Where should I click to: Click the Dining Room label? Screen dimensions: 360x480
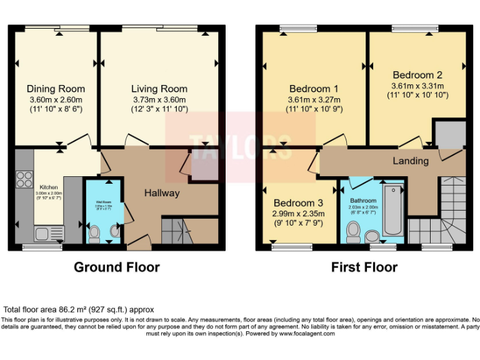[56, 89]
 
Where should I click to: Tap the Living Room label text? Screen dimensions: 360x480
[159, 89]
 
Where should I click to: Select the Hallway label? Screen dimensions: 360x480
[162, 193]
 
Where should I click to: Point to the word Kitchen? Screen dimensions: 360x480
[49, 187]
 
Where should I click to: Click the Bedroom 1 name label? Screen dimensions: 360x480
[314, 89]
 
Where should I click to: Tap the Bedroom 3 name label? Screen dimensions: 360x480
[298, 203]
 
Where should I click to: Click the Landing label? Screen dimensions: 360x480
[411, 161]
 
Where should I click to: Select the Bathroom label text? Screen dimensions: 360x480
[362, 201]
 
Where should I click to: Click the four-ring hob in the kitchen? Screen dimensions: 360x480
[24, 179]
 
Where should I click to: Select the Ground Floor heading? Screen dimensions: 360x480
[117, 267]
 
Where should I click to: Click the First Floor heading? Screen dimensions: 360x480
[364, 267]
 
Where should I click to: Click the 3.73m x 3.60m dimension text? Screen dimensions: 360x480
[159, 100]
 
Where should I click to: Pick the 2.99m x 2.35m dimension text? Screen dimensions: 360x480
[298, 214]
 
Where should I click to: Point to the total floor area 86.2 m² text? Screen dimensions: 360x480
[79, 309]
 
